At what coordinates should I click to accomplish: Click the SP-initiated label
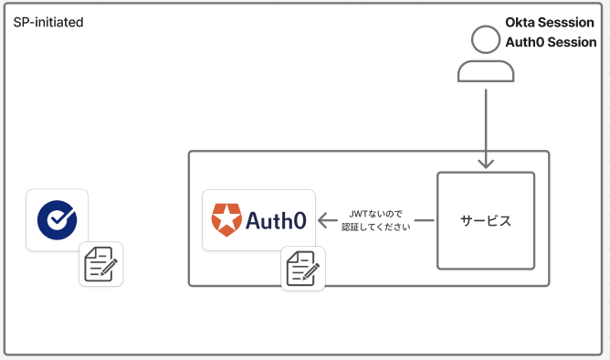pos(48,21)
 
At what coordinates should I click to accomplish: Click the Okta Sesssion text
pos(550,22)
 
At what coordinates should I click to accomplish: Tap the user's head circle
pos(486,41)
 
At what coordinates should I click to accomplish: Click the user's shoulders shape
pos(486,71)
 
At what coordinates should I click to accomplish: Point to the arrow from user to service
pos(486,128)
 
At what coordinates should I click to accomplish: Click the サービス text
pos(485,221)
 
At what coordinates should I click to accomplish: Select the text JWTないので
pos(374,214)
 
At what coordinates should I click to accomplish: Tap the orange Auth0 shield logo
pos(224,220)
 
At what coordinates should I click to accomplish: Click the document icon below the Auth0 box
pos(304,269)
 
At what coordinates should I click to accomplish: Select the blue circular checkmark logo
pos(57,220)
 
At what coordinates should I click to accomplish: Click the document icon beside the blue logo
pos(100,264)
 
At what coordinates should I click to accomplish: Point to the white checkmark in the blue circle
pos(58,220)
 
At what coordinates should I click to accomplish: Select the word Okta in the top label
pos(521,22)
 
